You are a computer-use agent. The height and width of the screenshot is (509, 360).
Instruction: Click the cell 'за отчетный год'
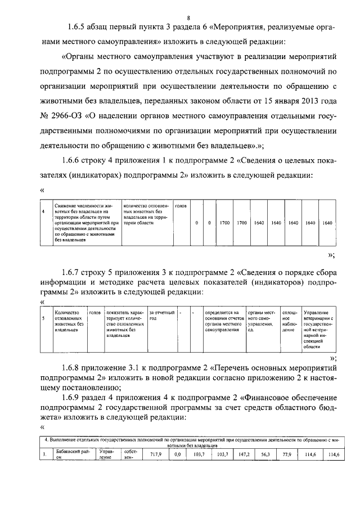tap(160, 314)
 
